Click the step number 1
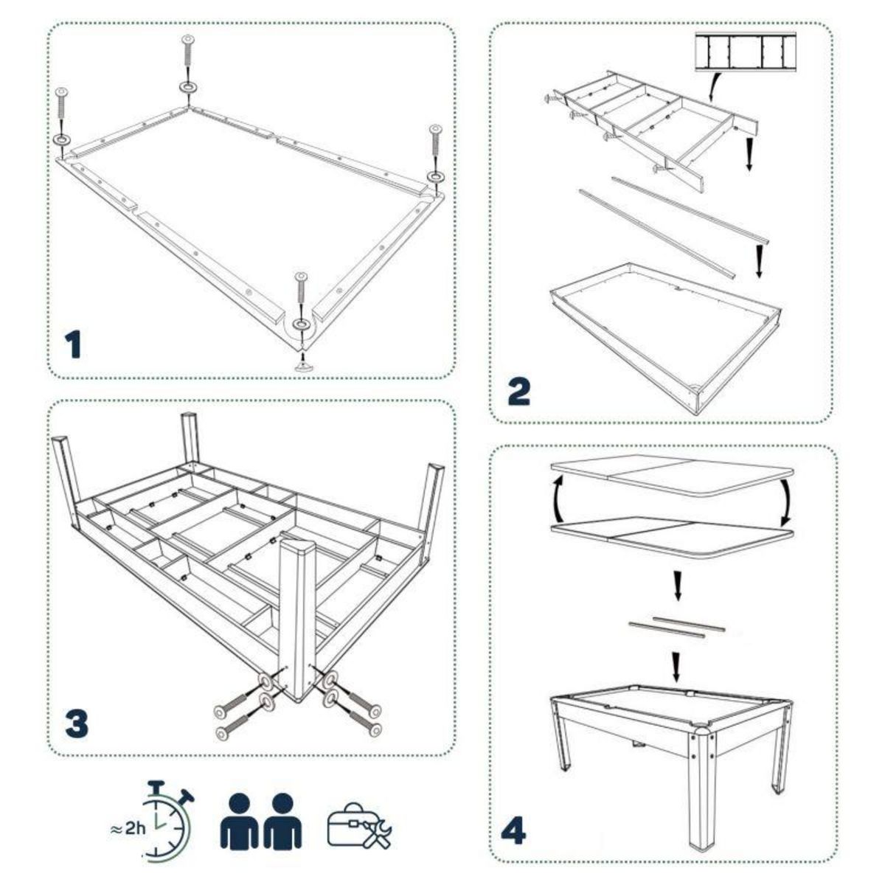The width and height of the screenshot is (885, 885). coord(73,345)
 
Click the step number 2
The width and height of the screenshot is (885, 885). coord(518,391)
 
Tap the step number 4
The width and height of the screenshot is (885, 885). coord(514,833)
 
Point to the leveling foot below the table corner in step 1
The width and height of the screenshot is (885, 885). coord(301,363)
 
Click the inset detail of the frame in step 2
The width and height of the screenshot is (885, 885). coord(747,54)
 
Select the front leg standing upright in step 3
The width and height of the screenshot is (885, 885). coord(299,616)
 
